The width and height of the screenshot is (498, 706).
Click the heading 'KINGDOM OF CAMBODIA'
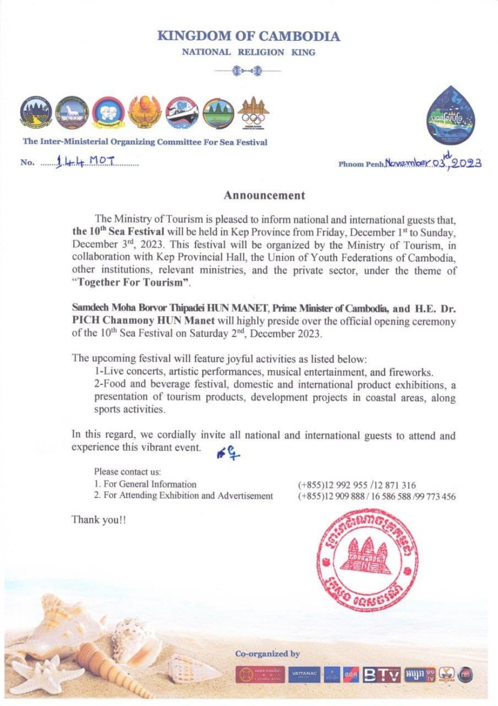[x=248, y=36]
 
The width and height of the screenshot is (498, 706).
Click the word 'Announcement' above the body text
[x=265, y=195]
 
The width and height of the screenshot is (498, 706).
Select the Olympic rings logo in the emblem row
[x=253, y=112]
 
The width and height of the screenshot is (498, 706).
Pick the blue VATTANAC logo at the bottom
[x=304, y=675]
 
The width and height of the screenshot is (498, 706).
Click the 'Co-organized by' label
[x=268, y=654]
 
